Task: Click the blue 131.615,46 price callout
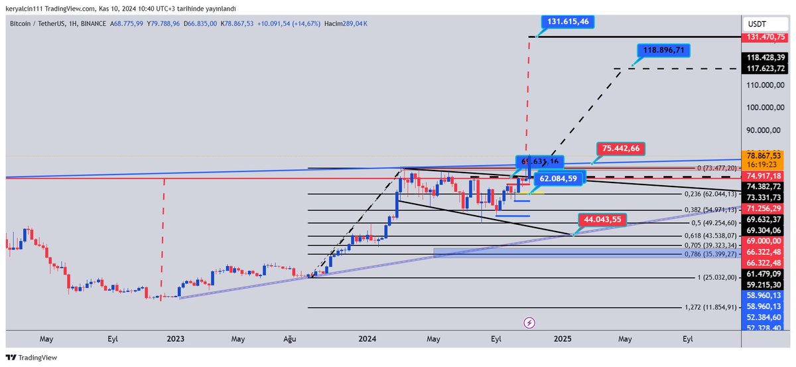[568, 21]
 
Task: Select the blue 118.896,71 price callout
[664, 50]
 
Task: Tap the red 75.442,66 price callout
[621, 148]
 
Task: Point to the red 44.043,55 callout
[603, 219]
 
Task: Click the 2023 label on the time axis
[175, 338]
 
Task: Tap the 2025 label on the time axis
[563, 338]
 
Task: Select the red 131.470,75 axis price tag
[766, 38]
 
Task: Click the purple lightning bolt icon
[529, 323]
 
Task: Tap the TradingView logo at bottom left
[32, 357]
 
